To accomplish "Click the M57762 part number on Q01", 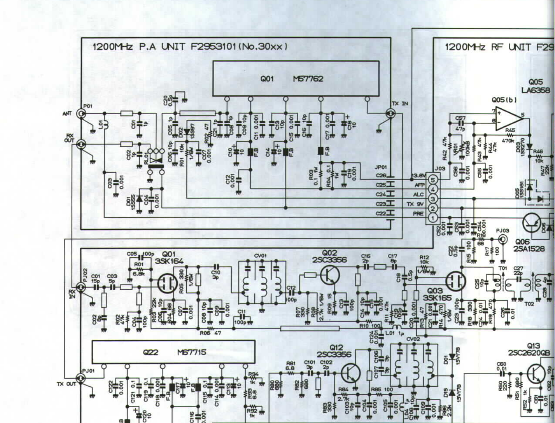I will pyautogui.click(x=308, y=79).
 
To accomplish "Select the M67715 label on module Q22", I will pyautogui.click(x=192, y=352).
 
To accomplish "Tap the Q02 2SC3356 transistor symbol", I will pyautogui.click(x=329, y=275).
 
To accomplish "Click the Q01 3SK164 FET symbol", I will pyautogui.click(x=168, y=283).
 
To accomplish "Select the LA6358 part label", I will pyautogui.click(x=536, y=90).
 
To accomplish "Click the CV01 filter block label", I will pyautogui.click(x=260, y=256).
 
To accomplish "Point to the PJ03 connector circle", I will pyautogui.click(x=503, y=239).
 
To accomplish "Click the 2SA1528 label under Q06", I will pyautogui.click(x=529, y=249).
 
